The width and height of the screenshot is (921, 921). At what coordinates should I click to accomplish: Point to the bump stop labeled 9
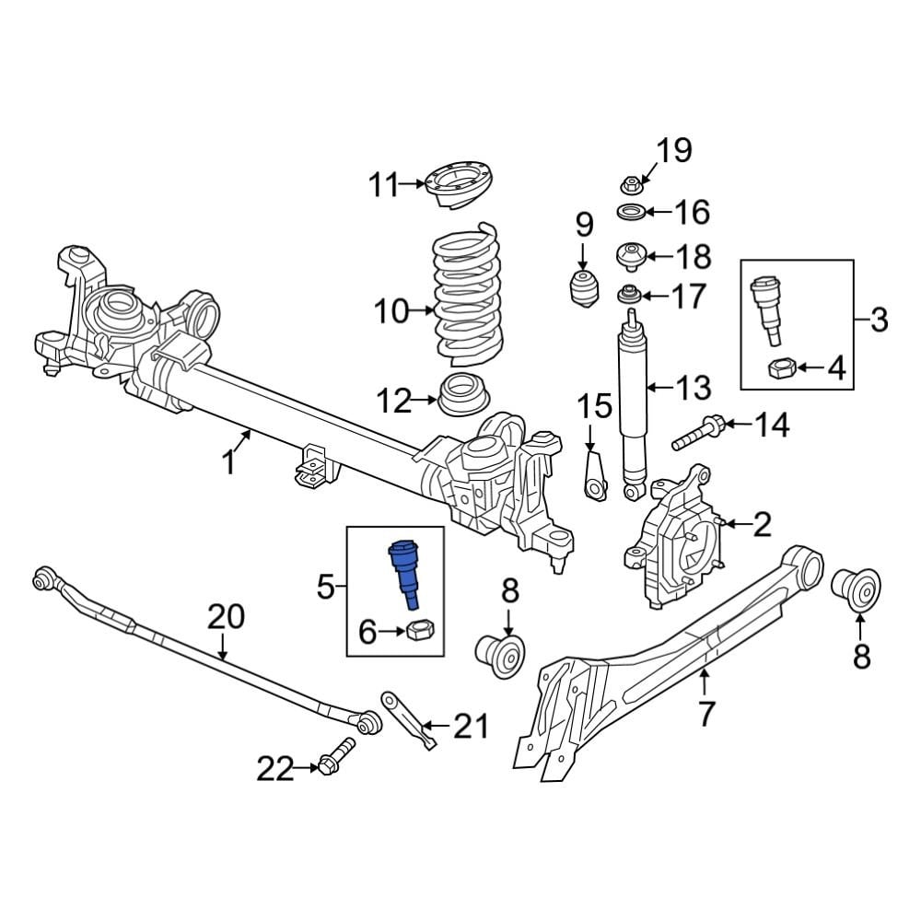pos(583,287)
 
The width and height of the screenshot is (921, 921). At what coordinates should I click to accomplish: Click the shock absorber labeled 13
pos(631,396)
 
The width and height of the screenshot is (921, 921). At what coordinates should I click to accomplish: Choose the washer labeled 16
pos(629,213)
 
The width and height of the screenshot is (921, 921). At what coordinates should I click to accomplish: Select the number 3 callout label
pos(879,321)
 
